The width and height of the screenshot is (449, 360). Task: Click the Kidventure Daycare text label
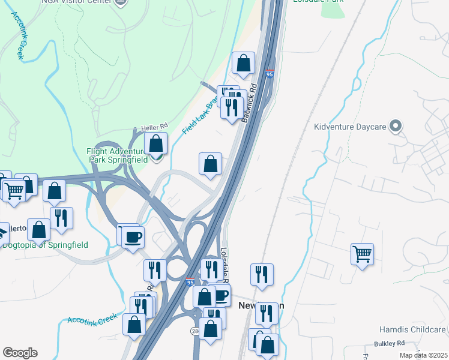[x=351, y=127]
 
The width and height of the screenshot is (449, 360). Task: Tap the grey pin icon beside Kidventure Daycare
[x=395, y=126]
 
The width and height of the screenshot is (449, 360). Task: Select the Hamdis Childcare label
[x=412, y=330]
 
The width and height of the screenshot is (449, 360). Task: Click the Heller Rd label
[x=153, y=127]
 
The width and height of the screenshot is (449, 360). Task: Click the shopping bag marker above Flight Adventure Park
[x=155, y=144]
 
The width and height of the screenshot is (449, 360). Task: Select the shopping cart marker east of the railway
[x=362, y=254]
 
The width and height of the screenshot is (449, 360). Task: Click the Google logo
[x=20, y=352]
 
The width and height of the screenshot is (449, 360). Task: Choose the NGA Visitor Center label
[x=76, y=2]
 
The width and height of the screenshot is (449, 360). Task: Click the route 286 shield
[x=196, y=331]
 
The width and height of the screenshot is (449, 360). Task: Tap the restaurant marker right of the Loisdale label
[x=261, y=274]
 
